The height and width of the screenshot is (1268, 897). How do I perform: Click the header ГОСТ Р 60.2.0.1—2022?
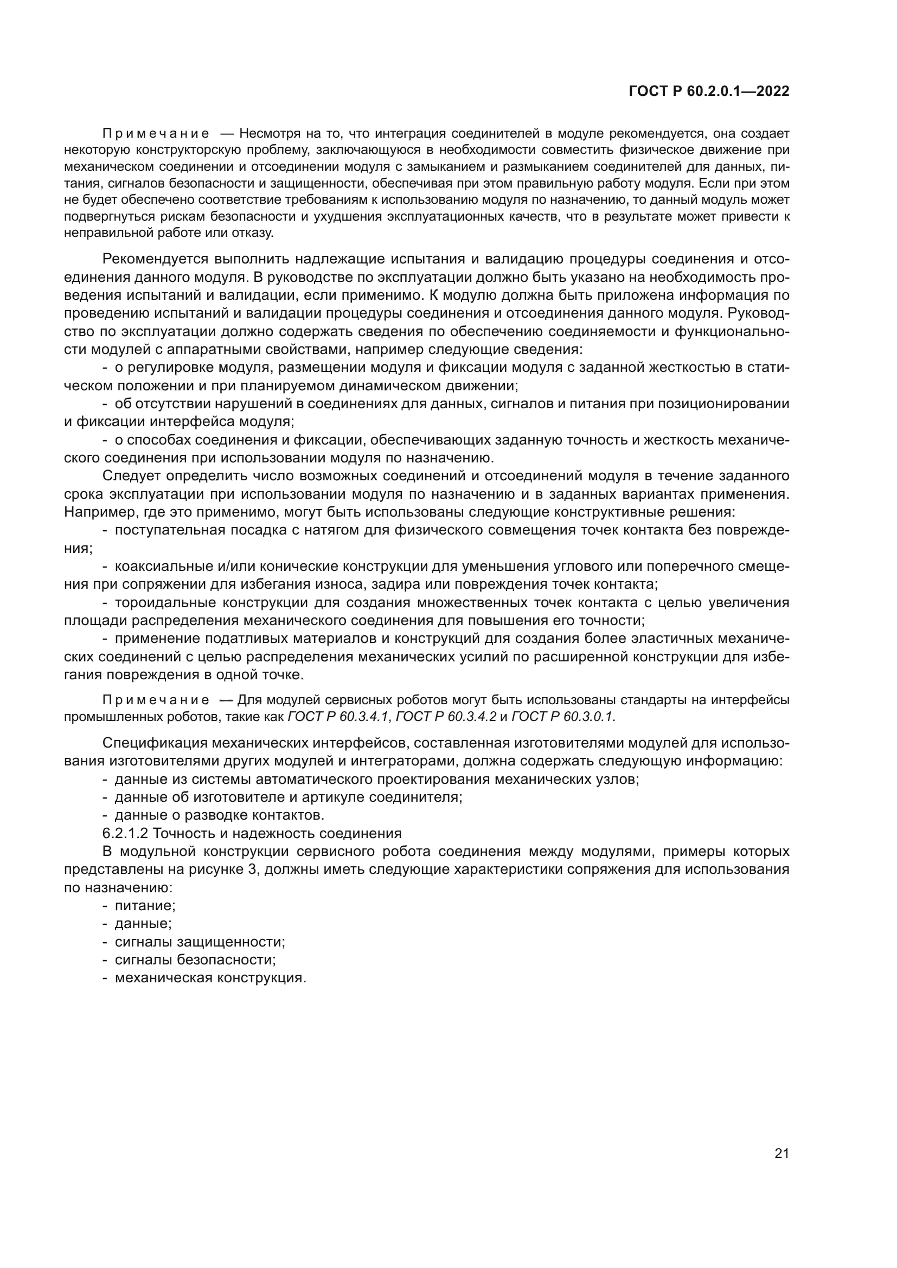709,92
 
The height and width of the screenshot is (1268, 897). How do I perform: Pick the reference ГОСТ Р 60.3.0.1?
563,717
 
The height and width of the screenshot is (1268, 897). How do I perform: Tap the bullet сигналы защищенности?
200,942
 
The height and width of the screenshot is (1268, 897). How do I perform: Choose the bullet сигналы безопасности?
195,960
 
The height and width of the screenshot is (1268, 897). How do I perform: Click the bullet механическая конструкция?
210,978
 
